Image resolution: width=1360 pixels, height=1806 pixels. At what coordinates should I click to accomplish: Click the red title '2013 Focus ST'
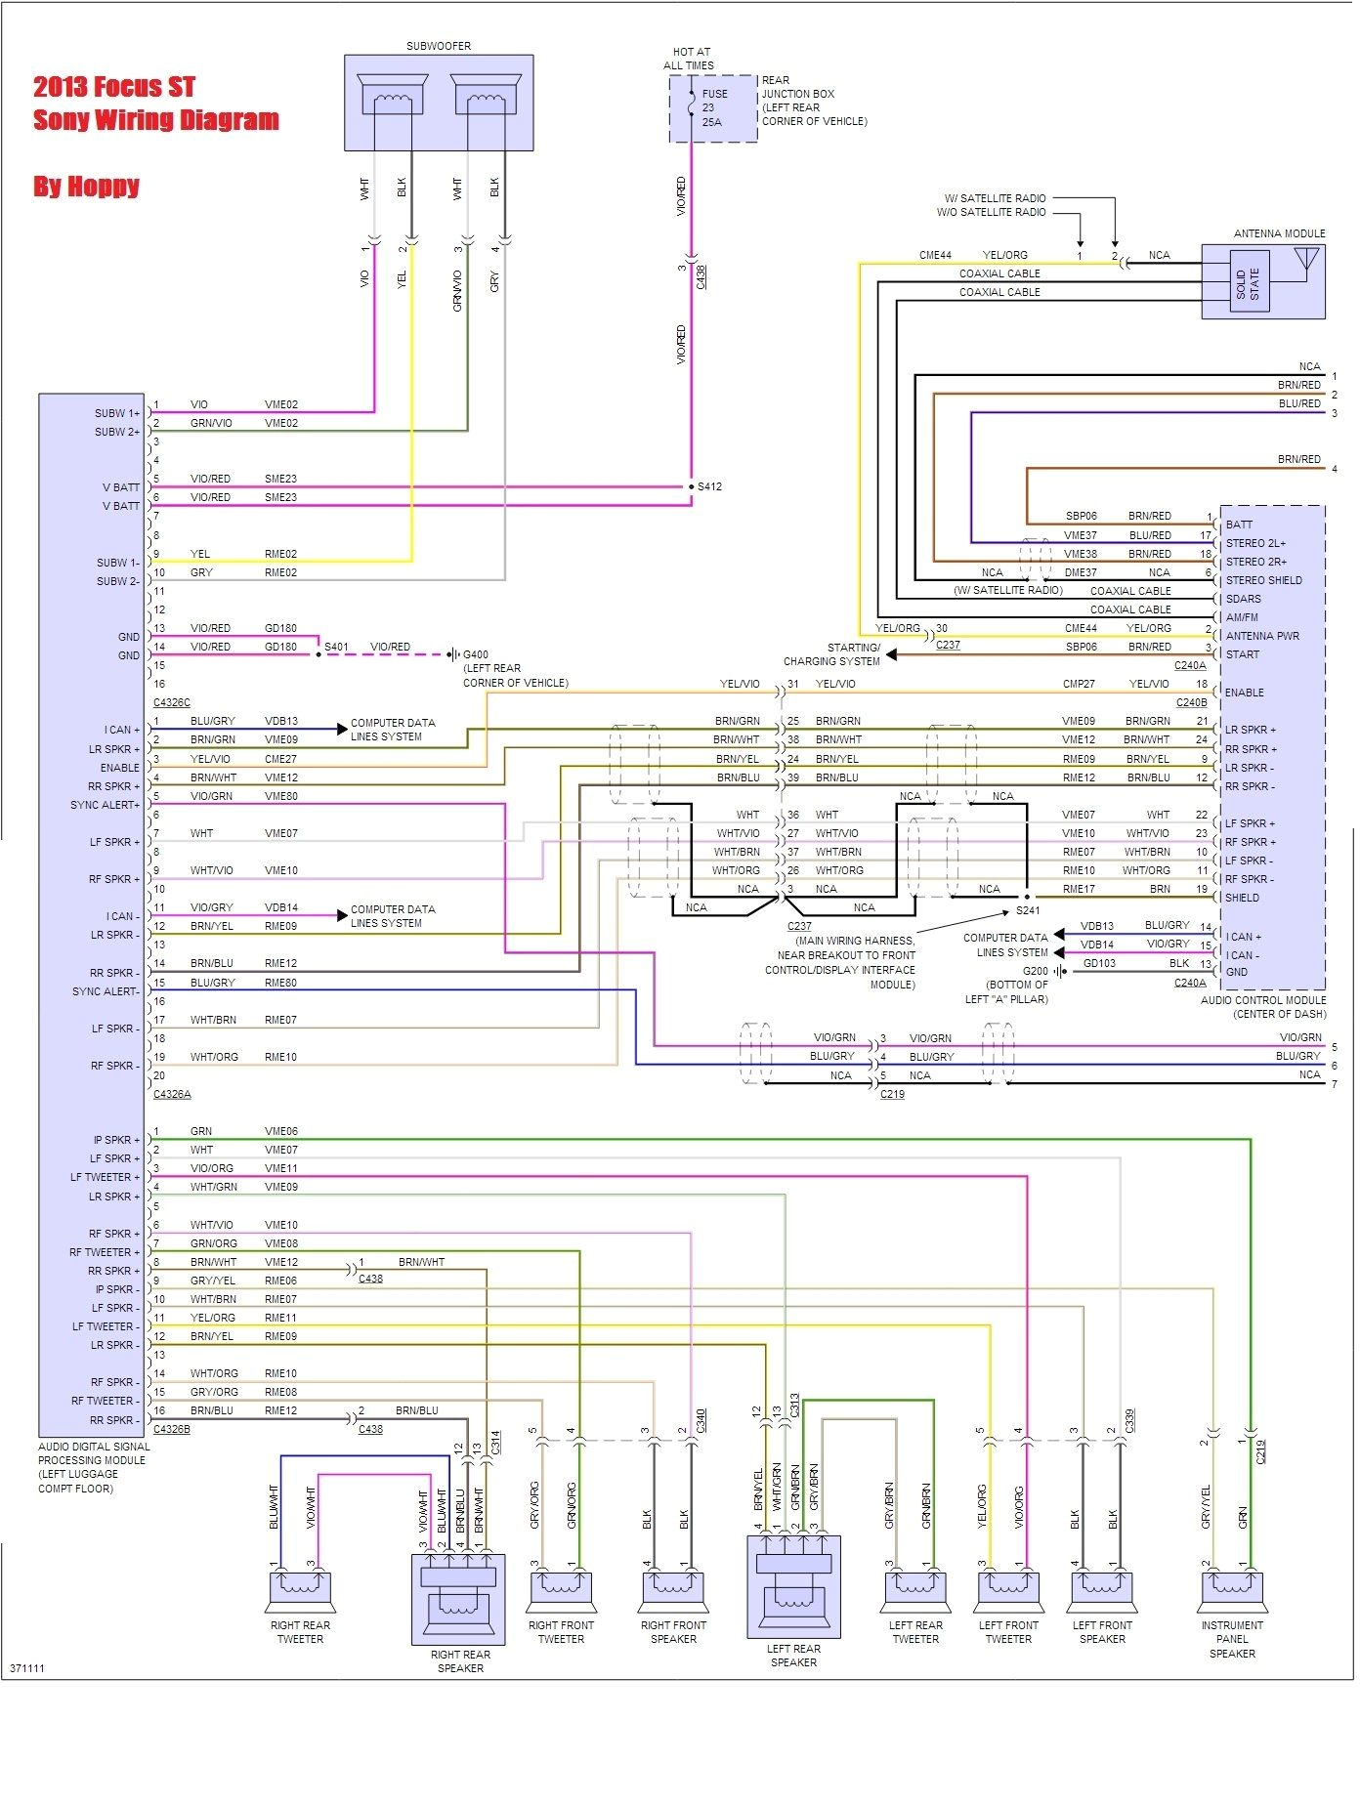click(114, 87)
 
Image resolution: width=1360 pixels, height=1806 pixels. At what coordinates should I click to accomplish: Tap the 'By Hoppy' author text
click(86, 186)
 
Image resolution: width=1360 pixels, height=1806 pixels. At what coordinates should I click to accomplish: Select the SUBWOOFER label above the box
click(439, 46)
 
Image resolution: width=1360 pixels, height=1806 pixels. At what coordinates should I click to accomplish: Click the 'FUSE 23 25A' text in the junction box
click(714, 107)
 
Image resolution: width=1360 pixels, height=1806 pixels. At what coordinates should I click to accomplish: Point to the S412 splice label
click(709, 486)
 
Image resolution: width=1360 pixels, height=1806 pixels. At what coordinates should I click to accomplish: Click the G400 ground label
click(476, 654)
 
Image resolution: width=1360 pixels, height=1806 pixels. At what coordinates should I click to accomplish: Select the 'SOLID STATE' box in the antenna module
click(1248, 285)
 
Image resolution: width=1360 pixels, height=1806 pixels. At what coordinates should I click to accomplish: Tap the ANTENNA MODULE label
click(1279, 233)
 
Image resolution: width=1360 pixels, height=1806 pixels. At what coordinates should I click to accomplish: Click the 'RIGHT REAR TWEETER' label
click(300, 1632)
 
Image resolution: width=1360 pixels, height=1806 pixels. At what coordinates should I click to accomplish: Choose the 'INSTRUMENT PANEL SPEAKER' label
click(1232, 1639)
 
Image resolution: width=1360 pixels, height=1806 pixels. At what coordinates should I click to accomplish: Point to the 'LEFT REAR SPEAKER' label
click(793, 1655)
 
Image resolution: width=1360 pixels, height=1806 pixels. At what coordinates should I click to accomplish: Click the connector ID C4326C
click(172, 702)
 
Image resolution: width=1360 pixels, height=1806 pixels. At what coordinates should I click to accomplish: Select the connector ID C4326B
click(172, 1429)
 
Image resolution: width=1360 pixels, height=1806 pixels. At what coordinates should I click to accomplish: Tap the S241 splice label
click(1028, 910)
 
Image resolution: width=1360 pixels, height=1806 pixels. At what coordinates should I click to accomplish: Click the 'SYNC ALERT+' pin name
click(105, 805)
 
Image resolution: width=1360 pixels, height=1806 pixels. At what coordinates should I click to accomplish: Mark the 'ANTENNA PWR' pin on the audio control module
click(1262, 636)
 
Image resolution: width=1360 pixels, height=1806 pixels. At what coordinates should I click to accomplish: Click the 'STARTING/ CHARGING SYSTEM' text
click(831, 654)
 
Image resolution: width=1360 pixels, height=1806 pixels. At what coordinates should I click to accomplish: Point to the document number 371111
click(27, 1668)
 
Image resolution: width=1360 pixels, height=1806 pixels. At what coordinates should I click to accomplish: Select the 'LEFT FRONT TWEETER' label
click(1008, 1632)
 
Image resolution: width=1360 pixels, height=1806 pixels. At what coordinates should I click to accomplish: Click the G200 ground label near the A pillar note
click(1035, 971)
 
